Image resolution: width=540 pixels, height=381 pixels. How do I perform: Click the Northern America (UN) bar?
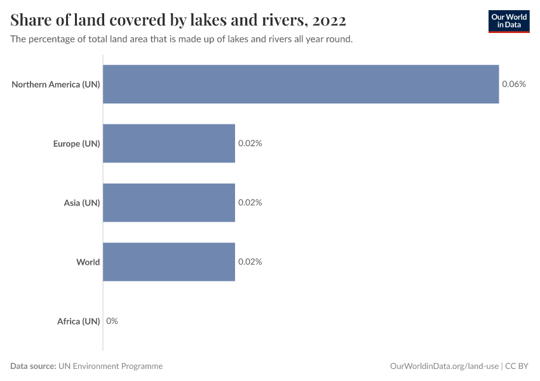point(300,84)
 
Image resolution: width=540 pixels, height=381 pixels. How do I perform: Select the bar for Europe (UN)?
point(169,144)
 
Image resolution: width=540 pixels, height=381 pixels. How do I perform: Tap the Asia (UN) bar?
point(169,203)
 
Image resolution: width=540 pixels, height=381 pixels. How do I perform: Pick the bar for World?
point(169,262)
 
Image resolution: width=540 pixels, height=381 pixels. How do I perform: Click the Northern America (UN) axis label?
point(56,84)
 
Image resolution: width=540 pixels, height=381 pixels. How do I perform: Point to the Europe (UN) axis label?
point(76,144)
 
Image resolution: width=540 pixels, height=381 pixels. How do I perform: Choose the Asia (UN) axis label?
point(82,203)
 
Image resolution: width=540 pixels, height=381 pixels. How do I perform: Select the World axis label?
point(88,262)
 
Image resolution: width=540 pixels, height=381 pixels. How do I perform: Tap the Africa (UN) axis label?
point(79,321)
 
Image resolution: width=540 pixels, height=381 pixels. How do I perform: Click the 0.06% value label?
point(514,84)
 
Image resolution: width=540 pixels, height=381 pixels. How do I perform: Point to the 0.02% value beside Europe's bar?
point(250,144)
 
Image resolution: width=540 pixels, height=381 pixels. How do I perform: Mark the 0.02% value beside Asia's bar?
point(250,203)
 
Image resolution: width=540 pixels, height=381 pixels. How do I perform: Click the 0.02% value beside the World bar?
point(250,262)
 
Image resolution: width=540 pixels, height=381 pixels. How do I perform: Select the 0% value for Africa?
point(112,321)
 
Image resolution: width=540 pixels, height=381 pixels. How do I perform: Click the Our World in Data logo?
point(508,21)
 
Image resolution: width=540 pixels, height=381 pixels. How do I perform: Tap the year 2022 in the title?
point(329,21)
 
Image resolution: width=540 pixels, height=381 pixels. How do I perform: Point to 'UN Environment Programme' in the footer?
point(111,366)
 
